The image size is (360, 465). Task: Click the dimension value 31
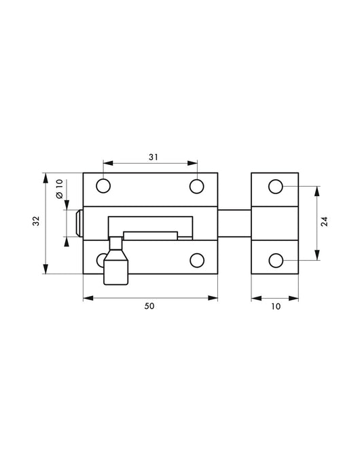click(154, 157)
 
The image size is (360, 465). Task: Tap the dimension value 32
click(36, 221)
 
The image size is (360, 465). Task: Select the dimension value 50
click(149, 306)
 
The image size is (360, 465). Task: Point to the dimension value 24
click(325, 221)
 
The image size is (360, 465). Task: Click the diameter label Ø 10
click(59, 189)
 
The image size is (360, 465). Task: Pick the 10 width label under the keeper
click(276, 306)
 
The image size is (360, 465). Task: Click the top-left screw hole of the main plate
click(103, 186)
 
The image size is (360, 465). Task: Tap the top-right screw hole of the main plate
click(197, 186)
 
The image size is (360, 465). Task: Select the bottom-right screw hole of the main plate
click(197, 261)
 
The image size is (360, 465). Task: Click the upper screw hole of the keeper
click(276, 187)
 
